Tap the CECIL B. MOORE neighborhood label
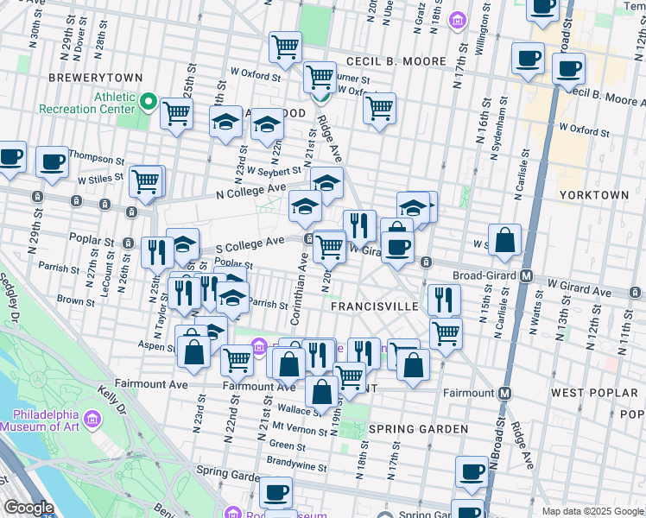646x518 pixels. (396, 61)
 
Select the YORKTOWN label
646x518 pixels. (594, 195)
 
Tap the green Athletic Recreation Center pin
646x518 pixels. (149, 104)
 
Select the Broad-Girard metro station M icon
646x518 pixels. (526, 276)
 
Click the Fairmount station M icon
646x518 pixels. (505, 393)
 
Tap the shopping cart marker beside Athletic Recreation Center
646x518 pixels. (177, 113)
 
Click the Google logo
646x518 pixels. (29, 507)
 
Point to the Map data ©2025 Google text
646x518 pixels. (591, 511)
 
